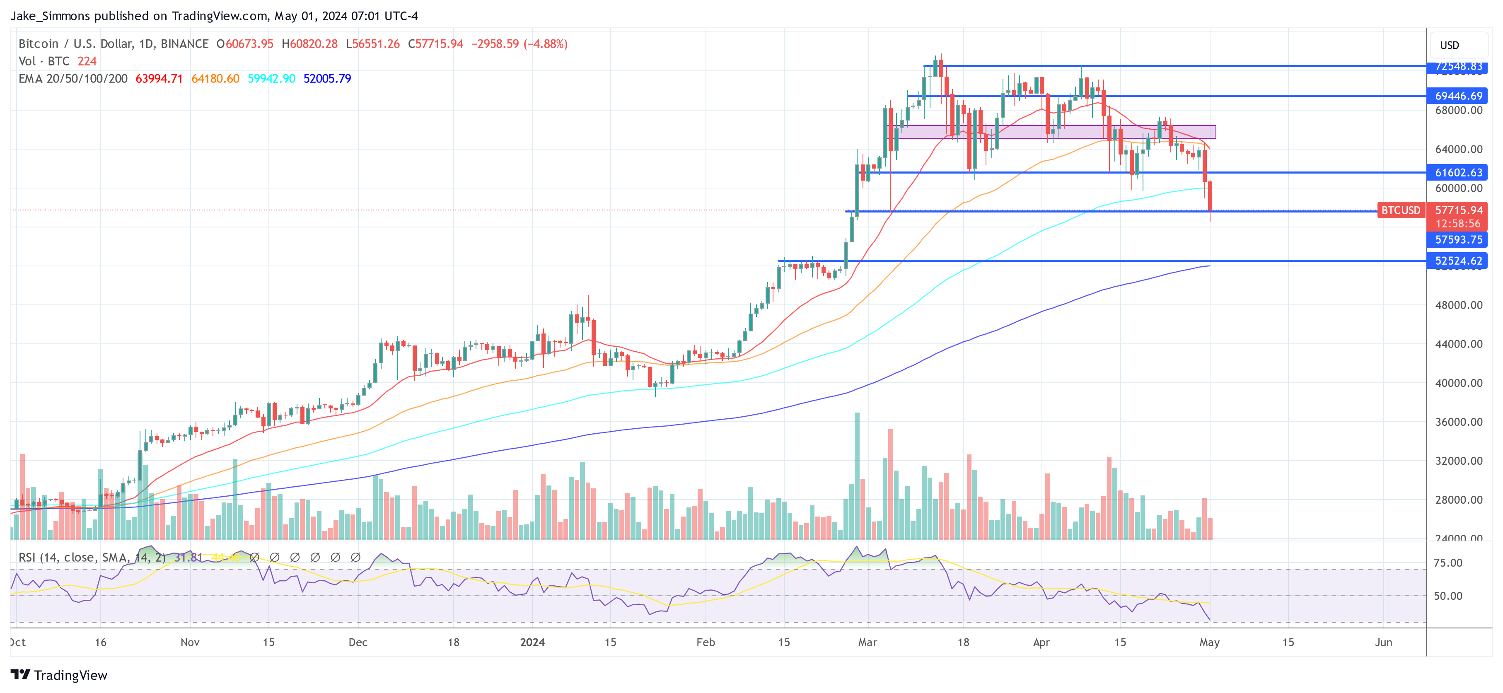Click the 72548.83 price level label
(x=1457, y=67)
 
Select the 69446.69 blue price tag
(x=1457, y=96)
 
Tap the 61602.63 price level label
(x=1457, y=173)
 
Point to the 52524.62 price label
(x=1457, y=261)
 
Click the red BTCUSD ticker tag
(x=1400, y=210)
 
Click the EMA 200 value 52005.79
(x=327, y=79)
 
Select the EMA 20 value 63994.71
(x=159, y=79)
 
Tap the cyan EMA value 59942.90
(x=271, y=79)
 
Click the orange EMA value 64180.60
(x=215, y=79)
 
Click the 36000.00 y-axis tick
(x=1458, y=422)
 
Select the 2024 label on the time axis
(x=532, y=642)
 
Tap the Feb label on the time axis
(x=706, y=642)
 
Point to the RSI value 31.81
(x=188, y=558)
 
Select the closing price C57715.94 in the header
(x=435, y=44)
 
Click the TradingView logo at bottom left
(x=59, y=675)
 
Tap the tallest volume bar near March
(x=857, y=476)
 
